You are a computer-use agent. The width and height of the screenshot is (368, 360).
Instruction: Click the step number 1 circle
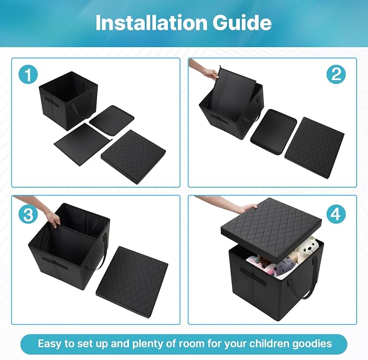pos(28,75)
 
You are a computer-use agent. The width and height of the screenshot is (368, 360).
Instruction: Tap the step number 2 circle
pos(336,74)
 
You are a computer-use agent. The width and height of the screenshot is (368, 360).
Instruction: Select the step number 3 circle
pos(28,214)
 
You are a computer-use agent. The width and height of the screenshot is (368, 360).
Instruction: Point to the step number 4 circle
pos(336,214)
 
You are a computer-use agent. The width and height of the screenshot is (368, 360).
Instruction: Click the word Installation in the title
pos(151,23)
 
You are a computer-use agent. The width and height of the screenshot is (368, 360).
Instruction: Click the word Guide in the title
pos(242,23)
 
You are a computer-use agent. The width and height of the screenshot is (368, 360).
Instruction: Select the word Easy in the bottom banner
pos(50,344)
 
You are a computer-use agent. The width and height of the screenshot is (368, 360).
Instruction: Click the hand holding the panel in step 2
pos(211,73)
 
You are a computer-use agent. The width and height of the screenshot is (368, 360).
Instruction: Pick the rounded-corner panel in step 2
pos(274,132)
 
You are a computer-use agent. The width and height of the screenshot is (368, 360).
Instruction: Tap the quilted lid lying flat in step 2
pos(314,148)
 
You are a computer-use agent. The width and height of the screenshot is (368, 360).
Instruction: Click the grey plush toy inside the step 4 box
pos(284,267)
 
